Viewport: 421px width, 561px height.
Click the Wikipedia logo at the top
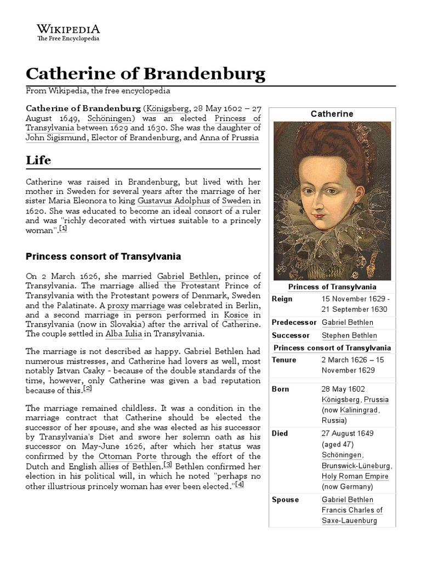(x=68, y=32)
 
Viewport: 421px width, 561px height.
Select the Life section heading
(x=39, y=160)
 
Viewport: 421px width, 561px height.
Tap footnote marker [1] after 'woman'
(x=63, y=230)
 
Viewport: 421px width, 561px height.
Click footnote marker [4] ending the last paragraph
(x=239, y=485)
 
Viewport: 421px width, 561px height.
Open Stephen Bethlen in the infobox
(x=349, y=335)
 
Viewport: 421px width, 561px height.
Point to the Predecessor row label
(x=293, y=322)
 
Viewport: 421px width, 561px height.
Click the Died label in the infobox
(x=280, y=433)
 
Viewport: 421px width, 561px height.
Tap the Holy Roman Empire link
(x=355, y=476)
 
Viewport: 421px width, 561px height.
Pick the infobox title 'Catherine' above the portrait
(x=332, y=114)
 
